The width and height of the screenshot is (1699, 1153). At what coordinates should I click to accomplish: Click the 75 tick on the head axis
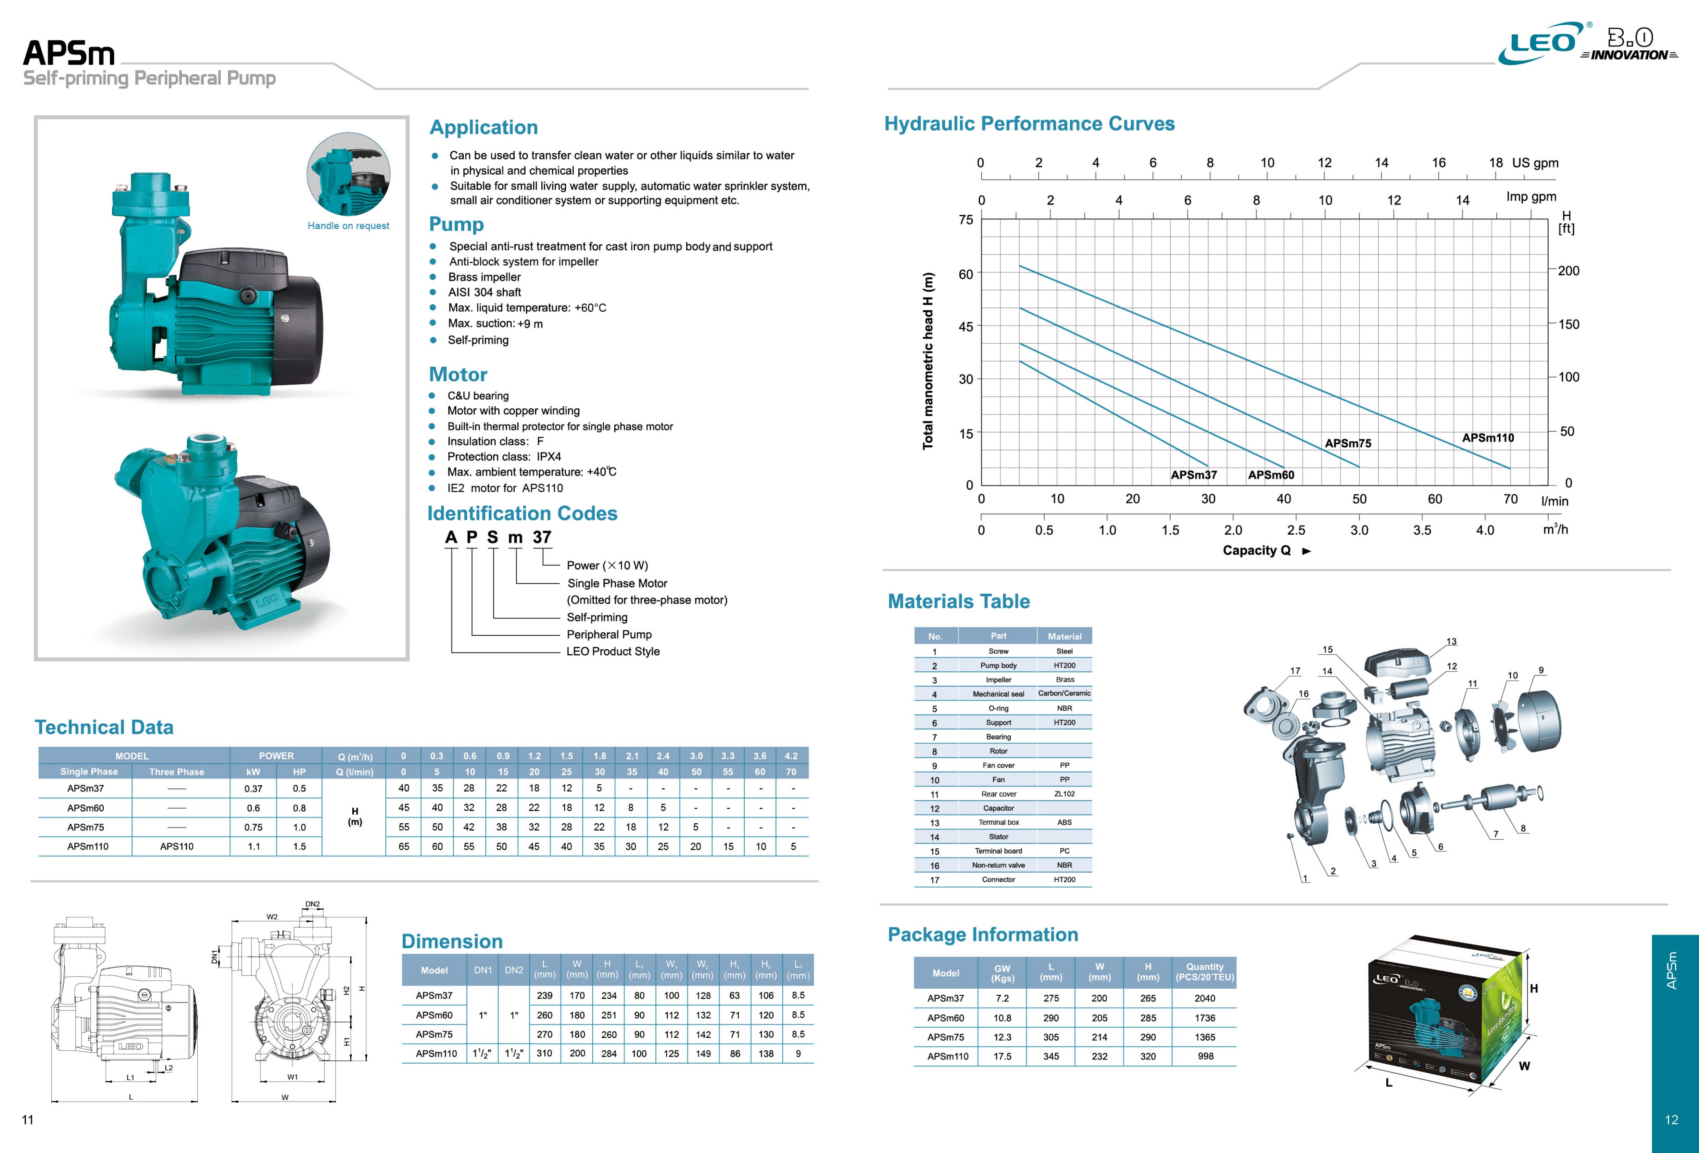(x=966, y=220)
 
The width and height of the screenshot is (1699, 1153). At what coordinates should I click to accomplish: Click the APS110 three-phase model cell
(x=177, y=847)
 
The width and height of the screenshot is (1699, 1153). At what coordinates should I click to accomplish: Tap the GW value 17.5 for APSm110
(x=1002, y=1056)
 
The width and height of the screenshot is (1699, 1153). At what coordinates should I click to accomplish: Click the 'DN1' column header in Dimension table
(x=482, y=970)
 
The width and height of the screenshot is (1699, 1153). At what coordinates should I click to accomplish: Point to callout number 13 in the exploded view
(x=1451, y=642)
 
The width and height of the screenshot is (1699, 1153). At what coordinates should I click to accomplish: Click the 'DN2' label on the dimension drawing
(x=312, y=904)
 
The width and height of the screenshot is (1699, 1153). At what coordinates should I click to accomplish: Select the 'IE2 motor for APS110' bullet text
(x=505, y=489)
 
